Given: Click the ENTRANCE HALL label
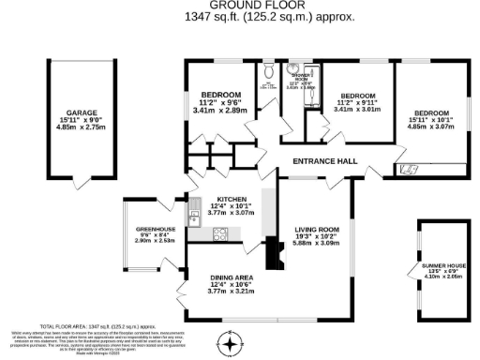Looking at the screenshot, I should (x=325, y=162).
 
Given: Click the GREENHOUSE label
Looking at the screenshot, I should (x=155, y=229).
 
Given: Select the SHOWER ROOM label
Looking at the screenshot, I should (x=302, y=75).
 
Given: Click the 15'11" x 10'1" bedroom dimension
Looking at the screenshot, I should (x=430, y=118).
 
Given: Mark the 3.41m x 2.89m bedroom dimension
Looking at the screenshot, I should (x=219, y=111).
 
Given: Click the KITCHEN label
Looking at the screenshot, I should (x=231, y=200).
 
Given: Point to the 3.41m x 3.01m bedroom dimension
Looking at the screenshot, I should (x=359, y=110).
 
